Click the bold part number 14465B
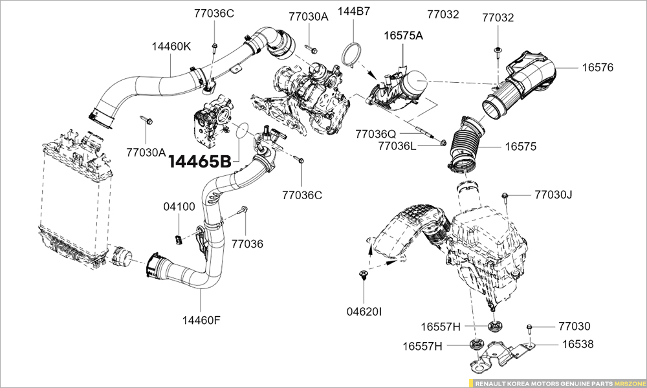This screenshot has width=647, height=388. click(x=199, y=161)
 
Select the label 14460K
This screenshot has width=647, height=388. click(x=171, y=47)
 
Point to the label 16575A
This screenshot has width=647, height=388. click(x=403, y=36)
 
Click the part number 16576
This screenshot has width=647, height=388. click(x=597, y=67)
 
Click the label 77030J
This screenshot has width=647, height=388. click(x=553, y=194)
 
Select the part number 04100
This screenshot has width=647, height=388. click(x=179, y=207)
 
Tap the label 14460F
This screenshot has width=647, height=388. click(x=201, y=319)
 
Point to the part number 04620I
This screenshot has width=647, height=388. click(x=364, y=312)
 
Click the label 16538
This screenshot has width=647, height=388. click(x=577, y=344)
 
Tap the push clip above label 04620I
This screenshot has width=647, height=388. click(x=362, y=276)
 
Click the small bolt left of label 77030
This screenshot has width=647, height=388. click(x=529, y=327)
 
